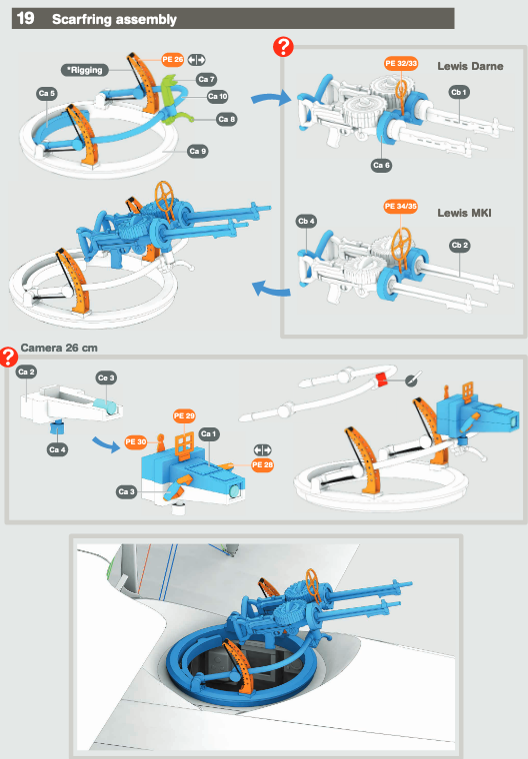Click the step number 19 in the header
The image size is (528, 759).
point(25,18)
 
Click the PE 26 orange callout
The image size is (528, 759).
point(173,60)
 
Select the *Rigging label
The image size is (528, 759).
point(85,70)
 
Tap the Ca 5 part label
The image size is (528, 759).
point(47,94)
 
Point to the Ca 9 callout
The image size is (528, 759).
point(198,151)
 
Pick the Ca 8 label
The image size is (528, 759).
point(226,119)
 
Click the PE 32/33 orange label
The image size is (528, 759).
point(401,63)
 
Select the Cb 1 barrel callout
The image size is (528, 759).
point(459,92)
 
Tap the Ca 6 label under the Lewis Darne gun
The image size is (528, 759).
point(382,165)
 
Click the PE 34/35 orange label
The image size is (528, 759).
point(400,206)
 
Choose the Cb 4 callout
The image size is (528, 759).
point(306,222)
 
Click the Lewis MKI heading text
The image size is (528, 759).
point(464,213)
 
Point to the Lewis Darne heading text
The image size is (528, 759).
point(470,66)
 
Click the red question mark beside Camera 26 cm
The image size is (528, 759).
point(8,357)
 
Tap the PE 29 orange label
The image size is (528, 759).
point(184,415)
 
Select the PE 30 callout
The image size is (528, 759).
point(136,442)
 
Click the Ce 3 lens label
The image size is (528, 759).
point(106,379)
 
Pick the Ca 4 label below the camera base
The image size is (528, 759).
point(57,449)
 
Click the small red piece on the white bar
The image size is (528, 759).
point(382,379)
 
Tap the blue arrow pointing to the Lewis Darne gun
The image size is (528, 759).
point(271,98)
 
